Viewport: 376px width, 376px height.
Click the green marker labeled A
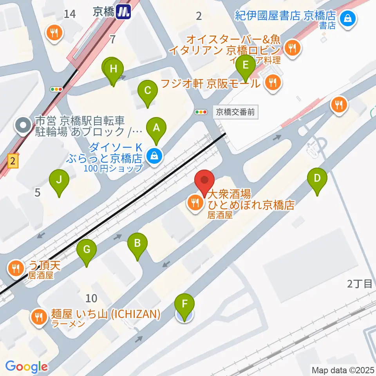point(156,128)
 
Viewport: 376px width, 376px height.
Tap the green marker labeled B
point(137,244)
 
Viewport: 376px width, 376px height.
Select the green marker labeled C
point(148,91)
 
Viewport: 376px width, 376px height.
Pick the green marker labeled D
point(317,179)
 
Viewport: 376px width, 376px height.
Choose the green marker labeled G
point(87,249)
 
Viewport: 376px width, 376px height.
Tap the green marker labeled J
point(59,181)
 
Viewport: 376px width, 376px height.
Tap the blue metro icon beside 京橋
point(124,12)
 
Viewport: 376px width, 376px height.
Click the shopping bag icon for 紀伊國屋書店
point(347,17)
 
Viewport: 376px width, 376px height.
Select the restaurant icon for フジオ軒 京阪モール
point(272,83)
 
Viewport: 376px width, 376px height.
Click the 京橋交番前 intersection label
point(236,112)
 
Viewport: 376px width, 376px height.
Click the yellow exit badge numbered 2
point(13,161)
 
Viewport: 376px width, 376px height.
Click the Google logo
point(26,367)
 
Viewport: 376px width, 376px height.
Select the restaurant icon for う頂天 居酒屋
point(16,269)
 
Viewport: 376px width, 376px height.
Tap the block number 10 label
point(91,298)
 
